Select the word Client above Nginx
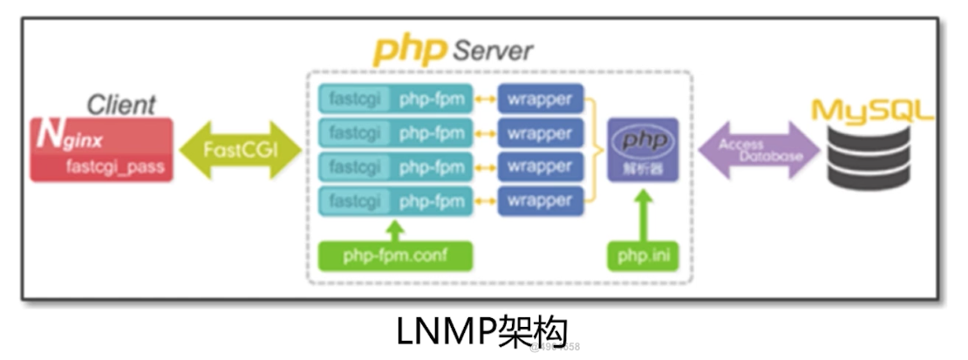(x=121, y=105)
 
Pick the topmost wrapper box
(x=539, y=99)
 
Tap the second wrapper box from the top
(x=539, y=133)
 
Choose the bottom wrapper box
(x=539, y=201)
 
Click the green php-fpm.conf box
(x=396, y=256)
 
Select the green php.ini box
(x=642, y=256)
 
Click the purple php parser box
(x=642, y=149)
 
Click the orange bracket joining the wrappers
(x=596, y=150)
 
